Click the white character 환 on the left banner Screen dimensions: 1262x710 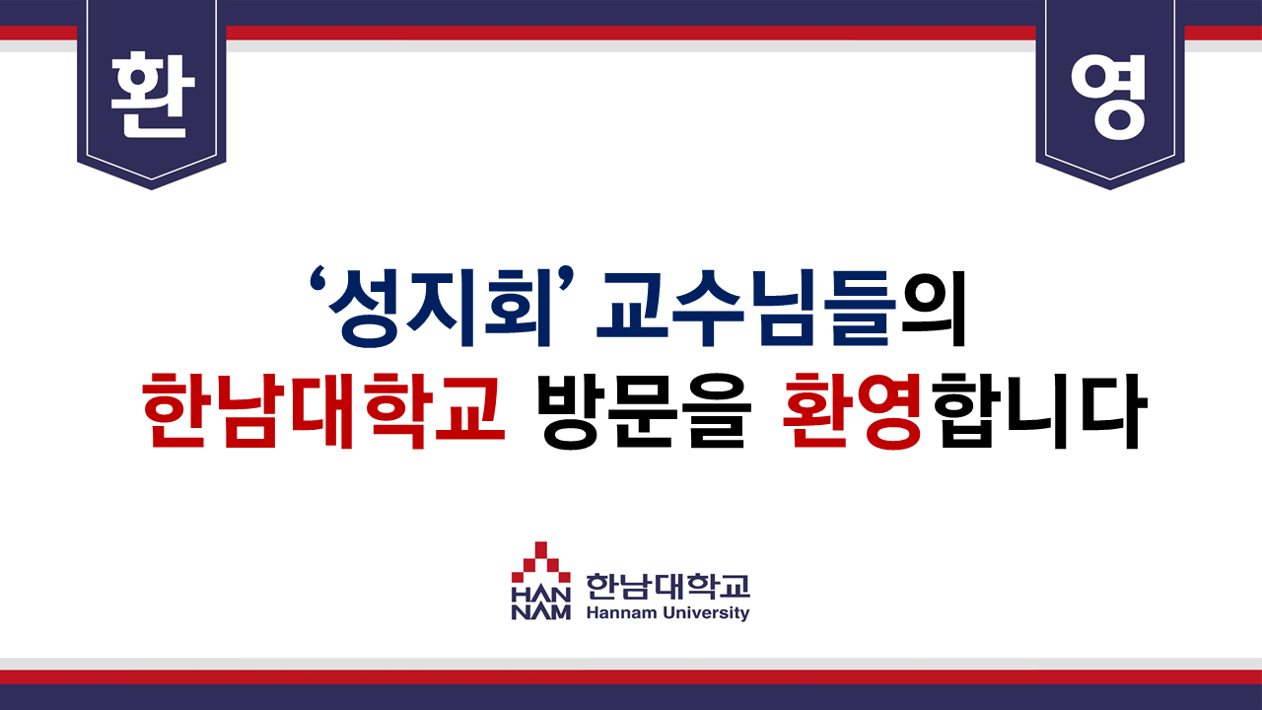click(152, 96)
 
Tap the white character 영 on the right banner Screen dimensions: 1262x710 click(1108, 97)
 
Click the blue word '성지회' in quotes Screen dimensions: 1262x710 click(431, 309)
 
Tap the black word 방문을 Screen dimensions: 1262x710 click(644, 410)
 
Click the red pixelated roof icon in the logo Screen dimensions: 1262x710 click(541, 563)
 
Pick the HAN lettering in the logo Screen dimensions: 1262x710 click(541, 595)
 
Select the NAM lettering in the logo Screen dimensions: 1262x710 click(541, 612)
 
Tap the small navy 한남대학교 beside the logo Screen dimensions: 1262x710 click(668, 587)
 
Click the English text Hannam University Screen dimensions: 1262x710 click(668, 613)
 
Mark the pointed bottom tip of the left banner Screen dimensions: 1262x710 click(152, 189)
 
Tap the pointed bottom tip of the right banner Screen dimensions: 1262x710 click(1110, 189)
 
